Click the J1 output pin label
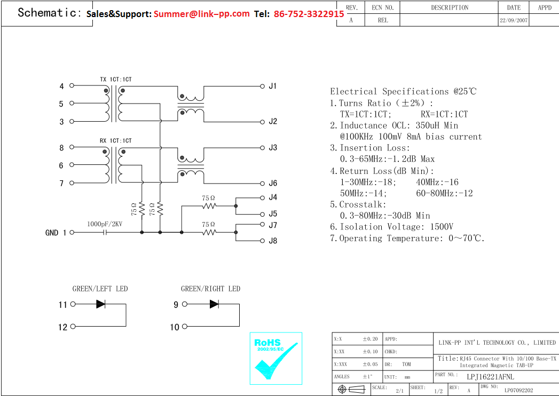coord(272,86)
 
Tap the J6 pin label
coord(273,184)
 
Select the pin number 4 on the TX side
coord(61,86)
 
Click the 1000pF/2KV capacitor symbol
coord(105,233)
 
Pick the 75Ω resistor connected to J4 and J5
coord(209,205)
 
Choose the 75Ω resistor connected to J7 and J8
coord(209,232)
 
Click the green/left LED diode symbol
coord(100,304)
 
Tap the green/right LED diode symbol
coord(214,304)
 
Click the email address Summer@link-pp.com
coord(202,14)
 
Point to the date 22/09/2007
coord(514,20)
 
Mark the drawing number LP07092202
coord(518,390)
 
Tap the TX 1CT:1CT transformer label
coord(115,80)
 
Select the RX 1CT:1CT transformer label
coord(115,141)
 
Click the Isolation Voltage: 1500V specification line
coord(391,227)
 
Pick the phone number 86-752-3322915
coord(309,14)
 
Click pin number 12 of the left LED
coord(63,327)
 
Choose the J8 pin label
coord(273,241)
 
